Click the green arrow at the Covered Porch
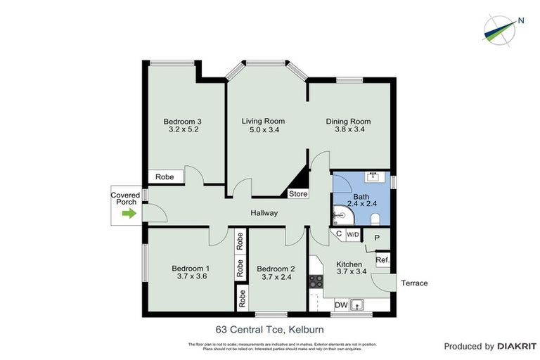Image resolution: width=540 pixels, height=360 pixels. pos(127,213)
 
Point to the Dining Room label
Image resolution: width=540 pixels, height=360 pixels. pos(348,121)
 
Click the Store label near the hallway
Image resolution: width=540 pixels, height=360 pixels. pos(298,193)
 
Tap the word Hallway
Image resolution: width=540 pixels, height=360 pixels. pos(264,213)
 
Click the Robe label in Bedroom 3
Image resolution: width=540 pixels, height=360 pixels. pos(165,178)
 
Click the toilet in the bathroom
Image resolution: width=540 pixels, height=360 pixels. pos(375,217)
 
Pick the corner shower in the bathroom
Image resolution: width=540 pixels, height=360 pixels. pos(342,214)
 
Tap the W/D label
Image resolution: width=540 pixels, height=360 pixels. pos(353,234)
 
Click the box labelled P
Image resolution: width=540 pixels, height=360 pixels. pos(377,238)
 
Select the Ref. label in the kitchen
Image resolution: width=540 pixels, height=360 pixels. pos(382,260)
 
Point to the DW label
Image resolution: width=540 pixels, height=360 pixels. pos(340,304)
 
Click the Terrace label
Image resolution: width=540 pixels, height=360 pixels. pos(414,283)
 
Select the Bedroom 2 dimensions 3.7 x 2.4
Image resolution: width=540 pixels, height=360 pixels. pos(276,277)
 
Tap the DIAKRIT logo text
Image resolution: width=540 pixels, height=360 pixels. pos(517,346)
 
